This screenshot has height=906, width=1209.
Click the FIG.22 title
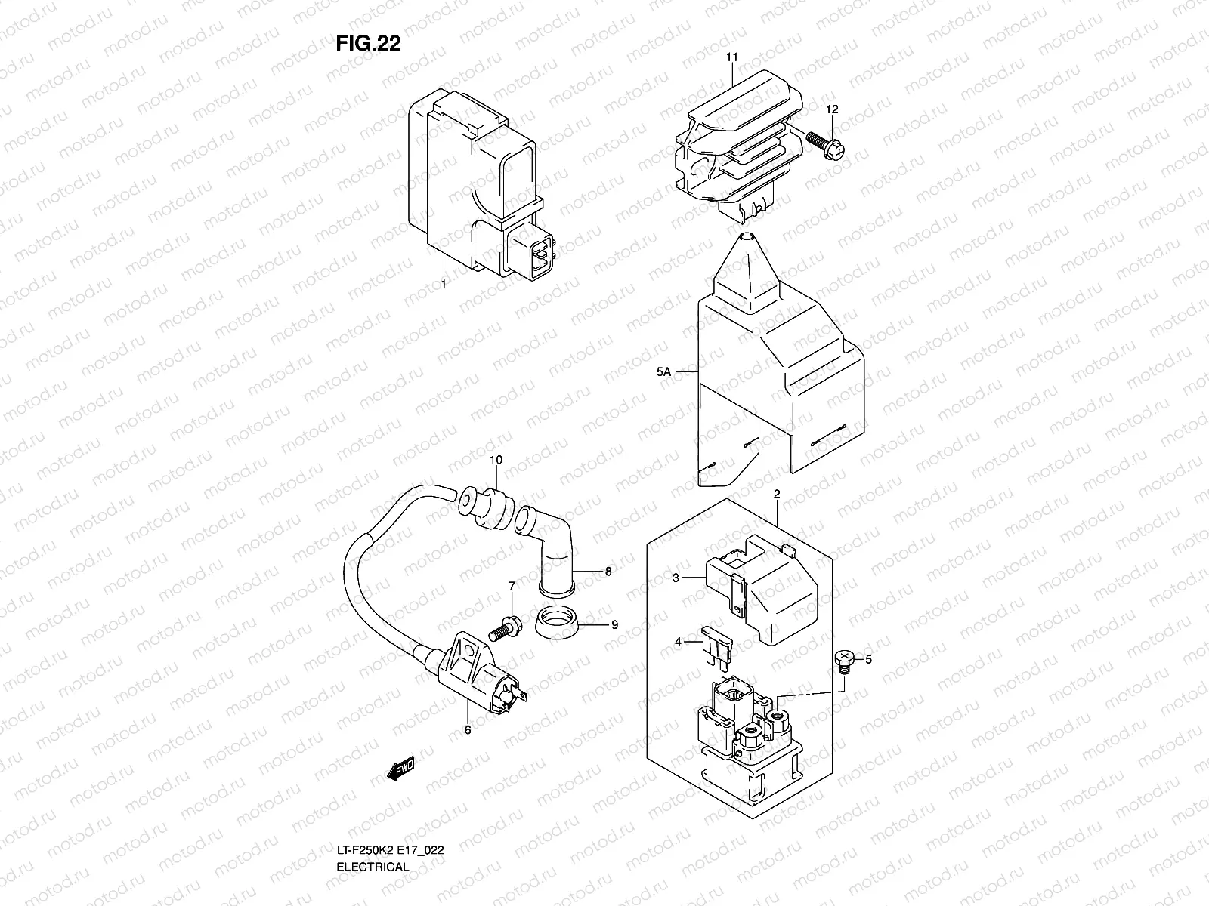(x=368, y=44)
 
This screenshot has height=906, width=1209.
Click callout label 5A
(x=663, y=371)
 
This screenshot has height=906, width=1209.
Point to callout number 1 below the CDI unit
(x=444, y=285)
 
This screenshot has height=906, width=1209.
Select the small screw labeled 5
(x=845, y=662)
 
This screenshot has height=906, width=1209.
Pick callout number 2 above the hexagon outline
(x=776, y=494)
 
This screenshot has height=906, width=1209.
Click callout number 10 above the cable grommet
(x=496, y=460)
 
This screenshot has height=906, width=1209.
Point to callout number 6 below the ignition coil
(x=467, y=730)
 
